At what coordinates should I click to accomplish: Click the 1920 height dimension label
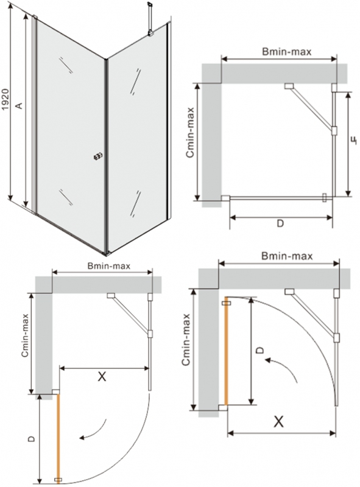(5, 100)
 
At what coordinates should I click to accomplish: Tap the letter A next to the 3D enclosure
(19, 105)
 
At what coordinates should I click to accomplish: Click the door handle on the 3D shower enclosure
(97, 156)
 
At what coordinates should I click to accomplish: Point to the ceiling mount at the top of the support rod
(150, 4)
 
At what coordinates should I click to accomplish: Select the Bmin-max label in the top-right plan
(286, 52)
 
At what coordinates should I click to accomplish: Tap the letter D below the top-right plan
(280, 223)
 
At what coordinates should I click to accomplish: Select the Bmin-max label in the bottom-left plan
(109, 266)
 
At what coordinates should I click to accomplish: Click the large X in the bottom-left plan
(102, 376)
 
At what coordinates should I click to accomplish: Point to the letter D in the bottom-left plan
(31, 439)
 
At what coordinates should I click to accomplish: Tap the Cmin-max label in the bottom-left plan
(25, 336)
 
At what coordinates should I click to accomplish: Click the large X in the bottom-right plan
(278, 421)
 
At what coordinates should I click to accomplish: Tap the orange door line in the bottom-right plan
(227, 353)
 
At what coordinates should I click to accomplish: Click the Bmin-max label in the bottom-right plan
(287, 256)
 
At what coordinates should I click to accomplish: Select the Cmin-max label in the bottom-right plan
(186, 339)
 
